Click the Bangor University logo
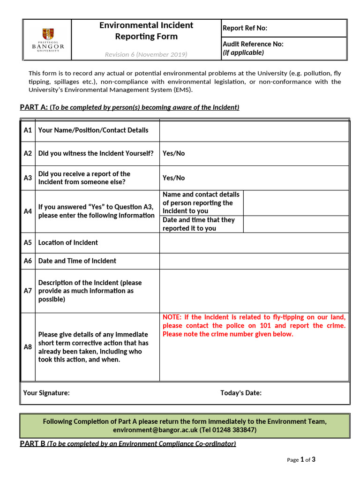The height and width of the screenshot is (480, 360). coord(47,40)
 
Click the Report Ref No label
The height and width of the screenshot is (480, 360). coord(245,28)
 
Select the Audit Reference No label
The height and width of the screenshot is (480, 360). coord(253,44)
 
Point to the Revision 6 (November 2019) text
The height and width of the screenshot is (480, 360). coord(146,54)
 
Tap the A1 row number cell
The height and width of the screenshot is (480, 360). coord(28,130)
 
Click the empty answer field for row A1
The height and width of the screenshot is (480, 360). coord(254,130)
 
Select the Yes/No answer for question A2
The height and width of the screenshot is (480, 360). coord(173,153)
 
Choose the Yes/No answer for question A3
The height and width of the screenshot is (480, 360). coord(173,178)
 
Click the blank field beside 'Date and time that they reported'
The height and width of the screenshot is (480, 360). coord(296,224)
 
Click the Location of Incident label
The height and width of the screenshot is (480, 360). coord(68,242)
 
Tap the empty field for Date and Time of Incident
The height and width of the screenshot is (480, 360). coord(254,261)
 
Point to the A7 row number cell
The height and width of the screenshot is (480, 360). coord(28,291)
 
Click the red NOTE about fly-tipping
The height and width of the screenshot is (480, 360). coord(254,326)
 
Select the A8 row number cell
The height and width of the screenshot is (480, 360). coord(28,347)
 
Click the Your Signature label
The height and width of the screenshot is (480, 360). coord(46,393)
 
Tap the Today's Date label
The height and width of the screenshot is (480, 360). coord(241,393)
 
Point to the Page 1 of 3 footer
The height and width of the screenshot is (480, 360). coord(301,460)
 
